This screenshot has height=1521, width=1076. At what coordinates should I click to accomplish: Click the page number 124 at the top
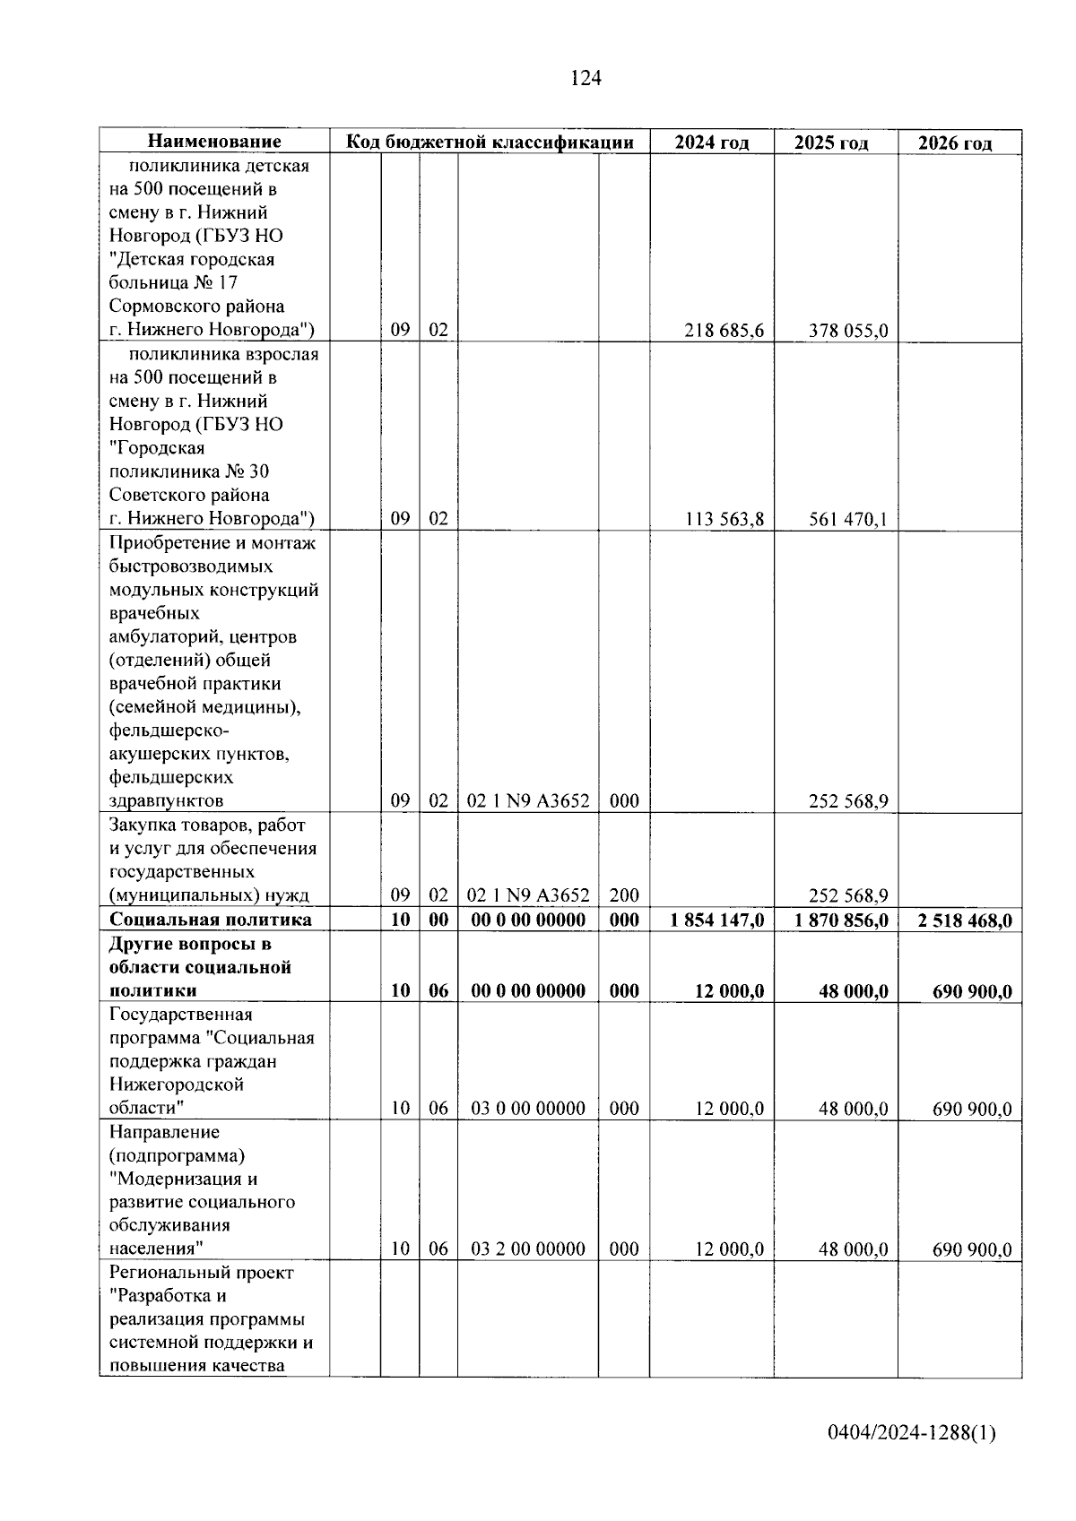tap(586, 79)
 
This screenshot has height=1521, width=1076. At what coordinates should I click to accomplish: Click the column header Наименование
tap(214, 142)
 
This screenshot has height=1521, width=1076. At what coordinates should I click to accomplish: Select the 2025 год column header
tap(831, 143)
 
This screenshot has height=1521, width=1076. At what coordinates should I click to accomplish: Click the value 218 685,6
tap(724, 331)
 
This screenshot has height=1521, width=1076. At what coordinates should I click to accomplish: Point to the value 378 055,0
tap(847, 331)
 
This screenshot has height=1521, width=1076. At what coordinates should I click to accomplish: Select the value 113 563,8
tap(724, 519)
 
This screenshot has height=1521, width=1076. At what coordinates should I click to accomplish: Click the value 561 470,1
tap(847, 519)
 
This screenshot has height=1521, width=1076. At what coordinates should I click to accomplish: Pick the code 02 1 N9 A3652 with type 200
tap(528, 895)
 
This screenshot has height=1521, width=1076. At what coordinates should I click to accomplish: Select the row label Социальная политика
tap(211, 920)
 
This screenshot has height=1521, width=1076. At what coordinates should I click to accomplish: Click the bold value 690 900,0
tap(972, 991)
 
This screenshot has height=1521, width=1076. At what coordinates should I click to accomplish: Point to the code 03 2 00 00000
tap(528, 1249)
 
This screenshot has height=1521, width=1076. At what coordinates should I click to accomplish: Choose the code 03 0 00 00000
tap(528, 1109)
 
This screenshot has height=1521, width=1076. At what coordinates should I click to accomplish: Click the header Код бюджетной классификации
tap(490, 142)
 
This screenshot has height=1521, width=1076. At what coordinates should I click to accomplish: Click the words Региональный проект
tap(202, 1273)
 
